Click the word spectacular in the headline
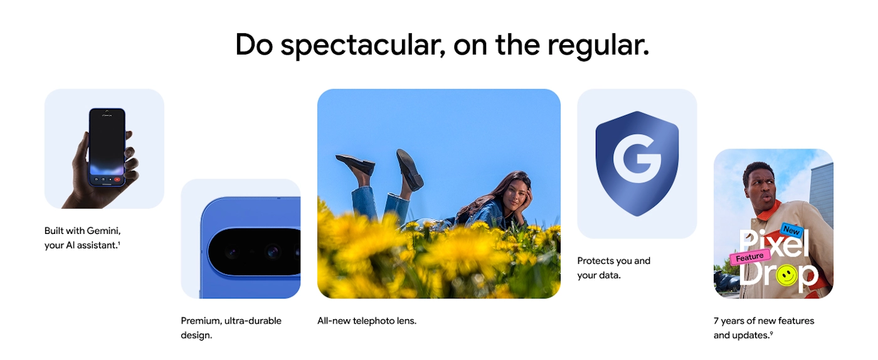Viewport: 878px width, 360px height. (x=363, y=46)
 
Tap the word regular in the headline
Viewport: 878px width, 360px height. (x=598, y=46)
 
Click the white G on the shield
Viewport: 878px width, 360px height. (x=637, y=159)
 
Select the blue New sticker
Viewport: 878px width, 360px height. (x=791, y=230)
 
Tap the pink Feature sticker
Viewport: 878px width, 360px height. (x=750, y=257)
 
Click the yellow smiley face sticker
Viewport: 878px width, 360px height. (x=786, y=275)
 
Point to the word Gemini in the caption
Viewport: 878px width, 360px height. (x=103, y=231)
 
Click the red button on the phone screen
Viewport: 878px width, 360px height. (x=117, y=179)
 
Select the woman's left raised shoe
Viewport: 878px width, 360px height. (x=355, y=164)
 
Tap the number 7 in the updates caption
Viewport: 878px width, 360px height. (x=716, y=320)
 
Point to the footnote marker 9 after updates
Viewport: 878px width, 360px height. (x=771, y=333)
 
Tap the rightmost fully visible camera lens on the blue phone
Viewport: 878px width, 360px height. (x=272, y=251)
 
